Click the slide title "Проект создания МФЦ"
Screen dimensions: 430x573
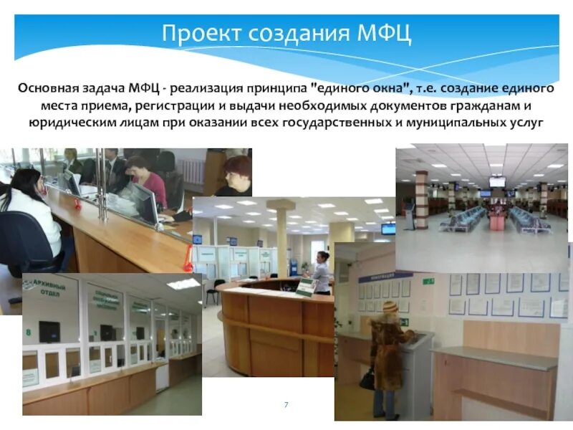click(x=286, y=33)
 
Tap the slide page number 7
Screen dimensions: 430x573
click(x=286, y=405)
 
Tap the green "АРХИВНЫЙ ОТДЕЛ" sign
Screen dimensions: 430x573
click(x=49, y=290)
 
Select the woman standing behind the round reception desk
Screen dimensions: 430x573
click(x=321, y=272)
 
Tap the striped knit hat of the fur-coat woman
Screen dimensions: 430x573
click(x=390, y=307)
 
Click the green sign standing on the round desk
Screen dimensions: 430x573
click(x=307, y=287)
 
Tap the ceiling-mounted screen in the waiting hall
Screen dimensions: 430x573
click(x=497, y=181)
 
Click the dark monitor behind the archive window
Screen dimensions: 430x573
click(x=49, y=331)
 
